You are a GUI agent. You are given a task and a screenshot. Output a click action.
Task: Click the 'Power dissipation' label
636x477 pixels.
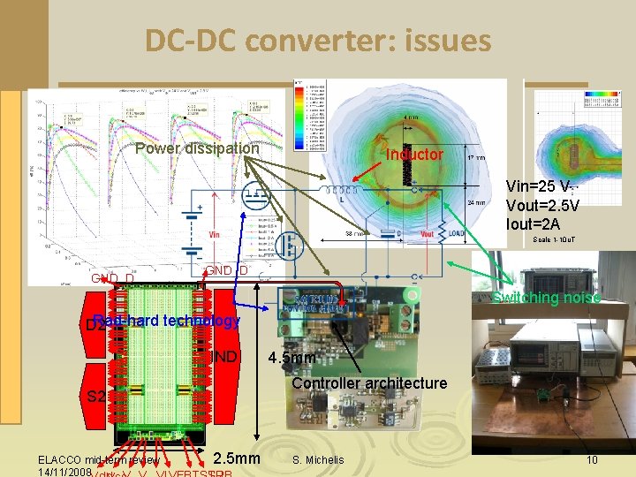tap(197, 148)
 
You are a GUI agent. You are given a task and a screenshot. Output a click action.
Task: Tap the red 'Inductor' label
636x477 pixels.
tap(414, 155)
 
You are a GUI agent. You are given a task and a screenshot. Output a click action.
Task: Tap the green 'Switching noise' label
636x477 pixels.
tap(547, 298)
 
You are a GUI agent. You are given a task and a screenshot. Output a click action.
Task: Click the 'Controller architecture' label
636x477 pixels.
tap(369, 383)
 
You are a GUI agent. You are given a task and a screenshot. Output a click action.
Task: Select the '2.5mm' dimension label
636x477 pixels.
tap(238, 458)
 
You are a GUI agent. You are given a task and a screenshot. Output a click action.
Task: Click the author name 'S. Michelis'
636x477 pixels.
tap(320, 460)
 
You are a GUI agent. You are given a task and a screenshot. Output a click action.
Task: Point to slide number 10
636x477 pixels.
tap(592, 460)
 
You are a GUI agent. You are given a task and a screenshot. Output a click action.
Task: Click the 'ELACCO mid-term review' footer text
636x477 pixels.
tap(98, 460)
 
